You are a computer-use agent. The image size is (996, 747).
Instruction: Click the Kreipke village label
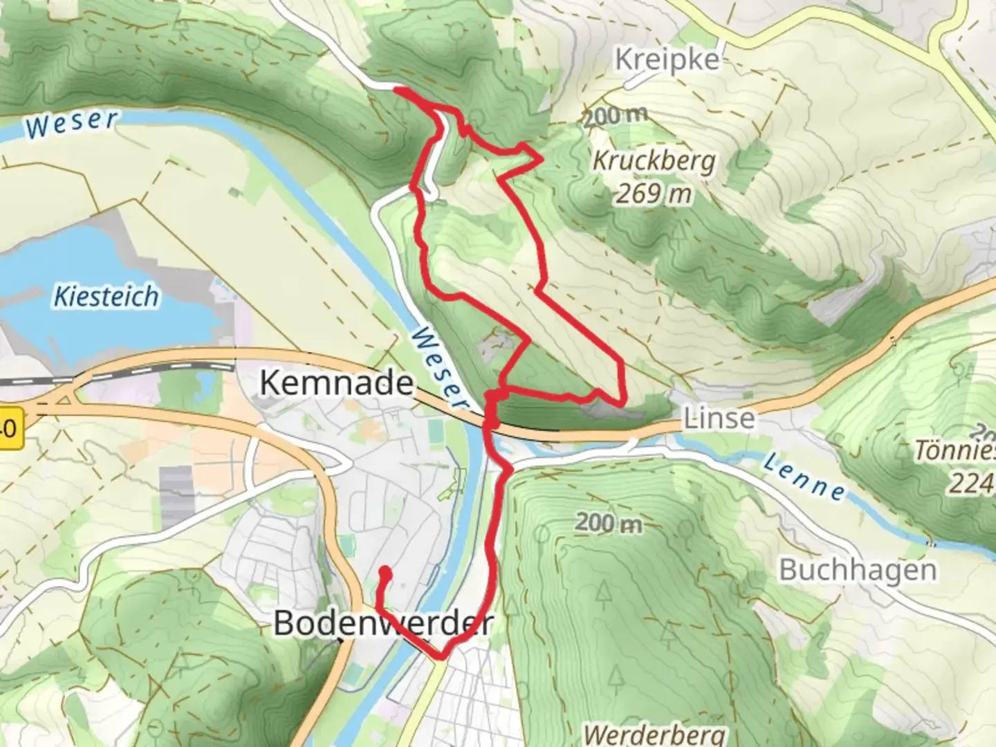pos(667,60)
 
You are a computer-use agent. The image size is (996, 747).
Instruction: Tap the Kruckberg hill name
pos(654,161)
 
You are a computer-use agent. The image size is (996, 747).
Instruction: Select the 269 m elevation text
pos(654,194)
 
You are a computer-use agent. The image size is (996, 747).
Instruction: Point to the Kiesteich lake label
pos(107,297)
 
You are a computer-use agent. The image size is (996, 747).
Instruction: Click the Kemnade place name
pos(336,382)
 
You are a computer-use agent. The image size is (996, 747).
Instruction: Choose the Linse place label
pos(719,418)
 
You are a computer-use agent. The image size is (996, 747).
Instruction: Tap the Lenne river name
pos(804,477)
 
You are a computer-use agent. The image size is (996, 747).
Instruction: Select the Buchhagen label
pos(858,571)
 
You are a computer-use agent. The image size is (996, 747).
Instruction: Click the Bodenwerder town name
pos(383,623)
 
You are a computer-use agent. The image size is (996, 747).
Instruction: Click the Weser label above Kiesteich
pos(71,124)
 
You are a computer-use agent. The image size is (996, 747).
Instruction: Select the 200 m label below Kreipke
pos(615,116)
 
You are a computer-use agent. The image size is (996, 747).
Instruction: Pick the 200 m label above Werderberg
pos(608,523)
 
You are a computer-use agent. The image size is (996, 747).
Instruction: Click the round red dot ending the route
pos(385,573)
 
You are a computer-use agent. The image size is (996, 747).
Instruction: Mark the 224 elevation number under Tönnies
pos(971,483)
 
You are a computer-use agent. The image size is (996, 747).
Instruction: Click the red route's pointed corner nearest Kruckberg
pos(540,160)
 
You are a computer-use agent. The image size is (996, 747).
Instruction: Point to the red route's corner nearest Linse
pos(624,402)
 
